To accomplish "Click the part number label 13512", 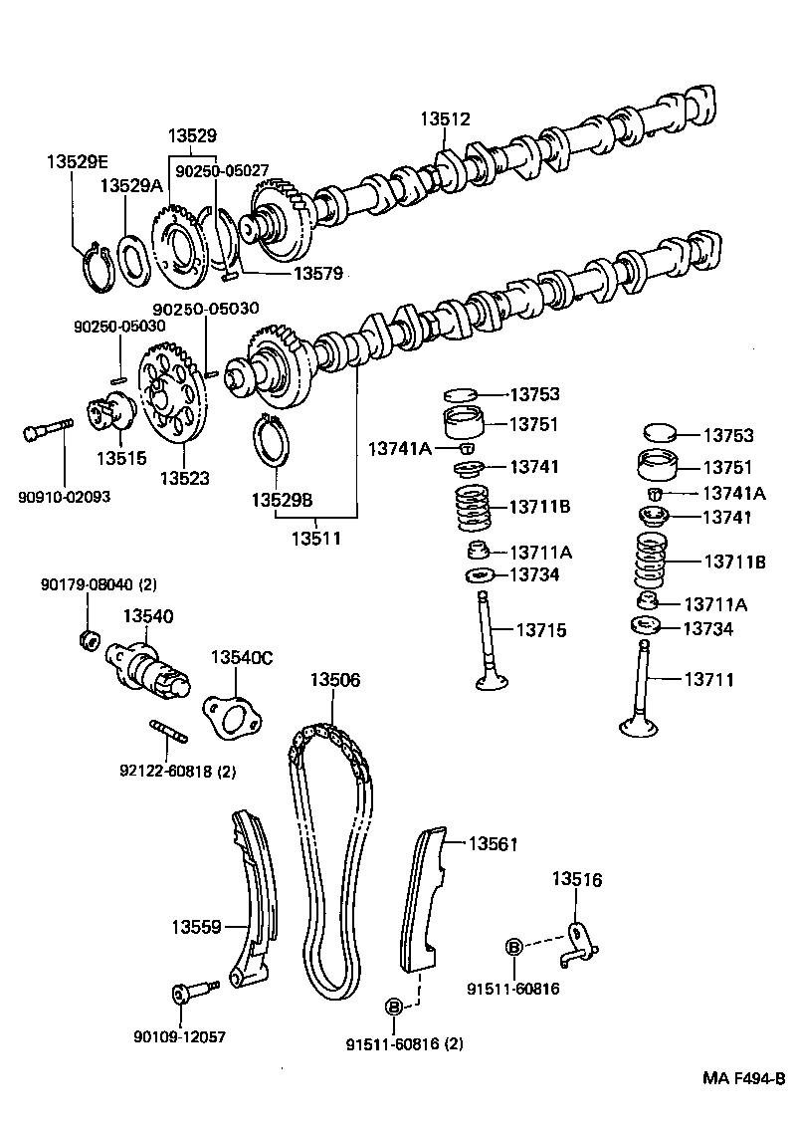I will [444, 119].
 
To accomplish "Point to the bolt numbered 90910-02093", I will [45, 433].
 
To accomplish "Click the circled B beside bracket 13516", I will [513, 946].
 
